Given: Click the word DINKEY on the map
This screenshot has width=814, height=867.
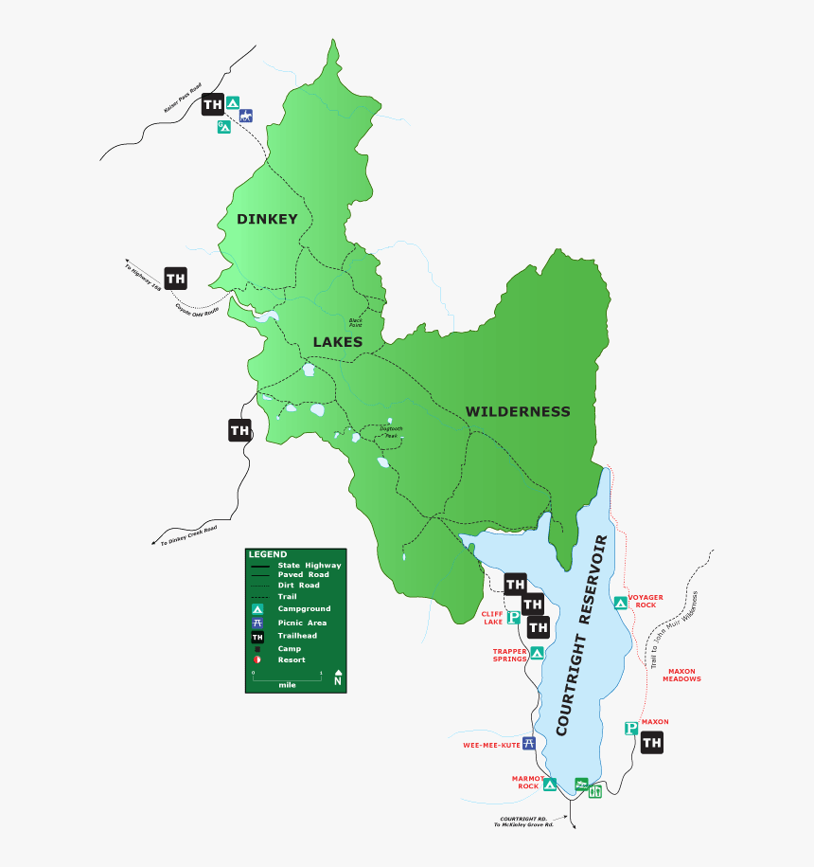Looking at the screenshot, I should click(x=267, y=219).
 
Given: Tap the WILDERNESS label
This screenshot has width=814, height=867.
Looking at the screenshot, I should click(x=517, y=411).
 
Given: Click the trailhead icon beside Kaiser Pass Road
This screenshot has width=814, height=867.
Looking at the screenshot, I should click(x=213, y=104).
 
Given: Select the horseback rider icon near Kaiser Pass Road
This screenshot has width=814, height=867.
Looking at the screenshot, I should click(x=246, y=117).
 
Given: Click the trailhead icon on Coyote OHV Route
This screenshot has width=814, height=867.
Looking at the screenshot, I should click(x=175, y=278).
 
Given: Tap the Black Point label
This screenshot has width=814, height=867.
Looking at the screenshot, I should click(x=355, y=323).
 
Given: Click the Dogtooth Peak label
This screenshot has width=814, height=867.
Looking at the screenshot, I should click(x=391, y=431).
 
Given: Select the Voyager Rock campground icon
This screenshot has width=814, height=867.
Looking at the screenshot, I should click(x=620, y=602).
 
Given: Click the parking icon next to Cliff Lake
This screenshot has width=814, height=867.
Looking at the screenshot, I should click(x=513, y=618).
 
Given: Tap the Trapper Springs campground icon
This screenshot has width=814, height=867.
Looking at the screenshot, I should click(x=537, y=653).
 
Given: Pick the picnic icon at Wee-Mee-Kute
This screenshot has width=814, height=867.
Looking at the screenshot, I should click(x=529, y=744).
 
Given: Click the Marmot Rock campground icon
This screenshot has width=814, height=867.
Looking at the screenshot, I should click(x=550, y=785).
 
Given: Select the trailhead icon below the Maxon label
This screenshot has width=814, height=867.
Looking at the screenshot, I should click(x=651, y=744).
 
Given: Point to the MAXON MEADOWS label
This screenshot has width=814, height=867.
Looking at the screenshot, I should click(x=681, y=675).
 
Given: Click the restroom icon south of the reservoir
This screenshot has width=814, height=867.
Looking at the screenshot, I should click(x=595, y=791).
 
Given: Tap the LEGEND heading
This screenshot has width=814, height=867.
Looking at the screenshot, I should click(x=267, y=553).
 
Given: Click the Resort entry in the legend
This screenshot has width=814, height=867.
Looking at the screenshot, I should click(x=291, y=659).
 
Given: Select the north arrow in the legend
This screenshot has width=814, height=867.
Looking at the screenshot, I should click(x=337, y=678).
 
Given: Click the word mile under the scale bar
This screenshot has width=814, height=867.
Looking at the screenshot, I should click(x=287, y=684).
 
